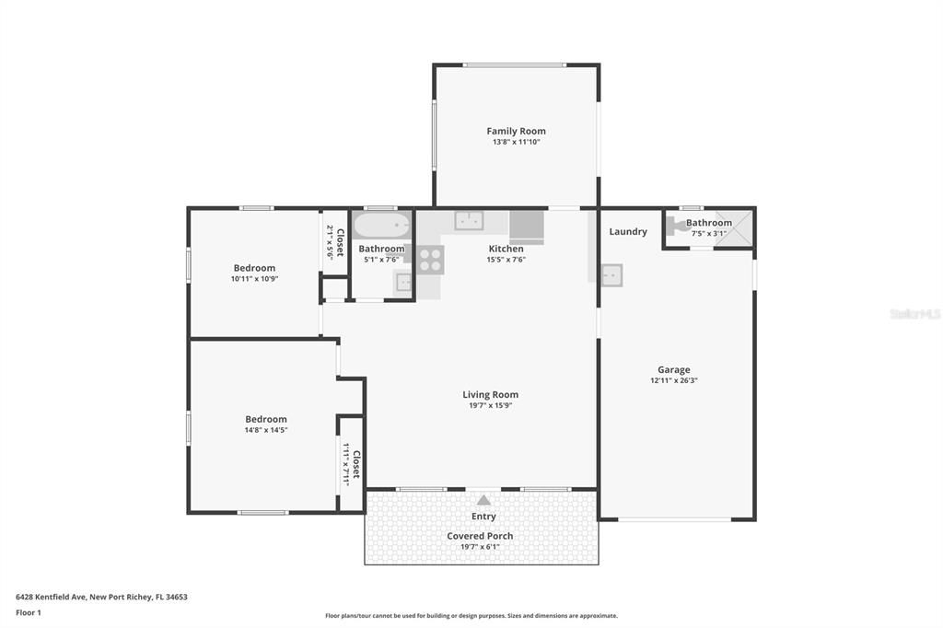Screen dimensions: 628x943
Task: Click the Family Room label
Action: click(x=516, y=132)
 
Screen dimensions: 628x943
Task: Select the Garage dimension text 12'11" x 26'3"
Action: click(x=673, y=380)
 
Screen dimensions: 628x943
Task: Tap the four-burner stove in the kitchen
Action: click(x=430, y=260)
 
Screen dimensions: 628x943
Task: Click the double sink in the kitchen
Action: click(x=469, y=220)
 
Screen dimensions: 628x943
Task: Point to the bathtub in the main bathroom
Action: click(x=381, y=225)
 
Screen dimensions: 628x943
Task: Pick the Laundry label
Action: click(x=628, y=232)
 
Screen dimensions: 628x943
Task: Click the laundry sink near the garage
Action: click(x=611, y=274)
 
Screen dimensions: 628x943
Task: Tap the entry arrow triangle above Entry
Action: click(x=483, y=499)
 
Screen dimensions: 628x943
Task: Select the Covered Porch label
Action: click(x=480, y=536)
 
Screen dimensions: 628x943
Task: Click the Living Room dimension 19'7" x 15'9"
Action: click(x=490, y=405)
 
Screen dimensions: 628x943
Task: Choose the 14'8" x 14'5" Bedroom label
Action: click(x=265, y=419)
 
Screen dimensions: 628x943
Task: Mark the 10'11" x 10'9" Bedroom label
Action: click(x=253, y=268)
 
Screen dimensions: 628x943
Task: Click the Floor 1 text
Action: click(x=29, y=612)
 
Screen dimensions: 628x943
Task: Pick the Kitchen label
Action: click(x=506, y=249)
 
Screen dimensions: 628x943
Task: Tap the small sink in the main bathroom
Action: click(x=403, y=283)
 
